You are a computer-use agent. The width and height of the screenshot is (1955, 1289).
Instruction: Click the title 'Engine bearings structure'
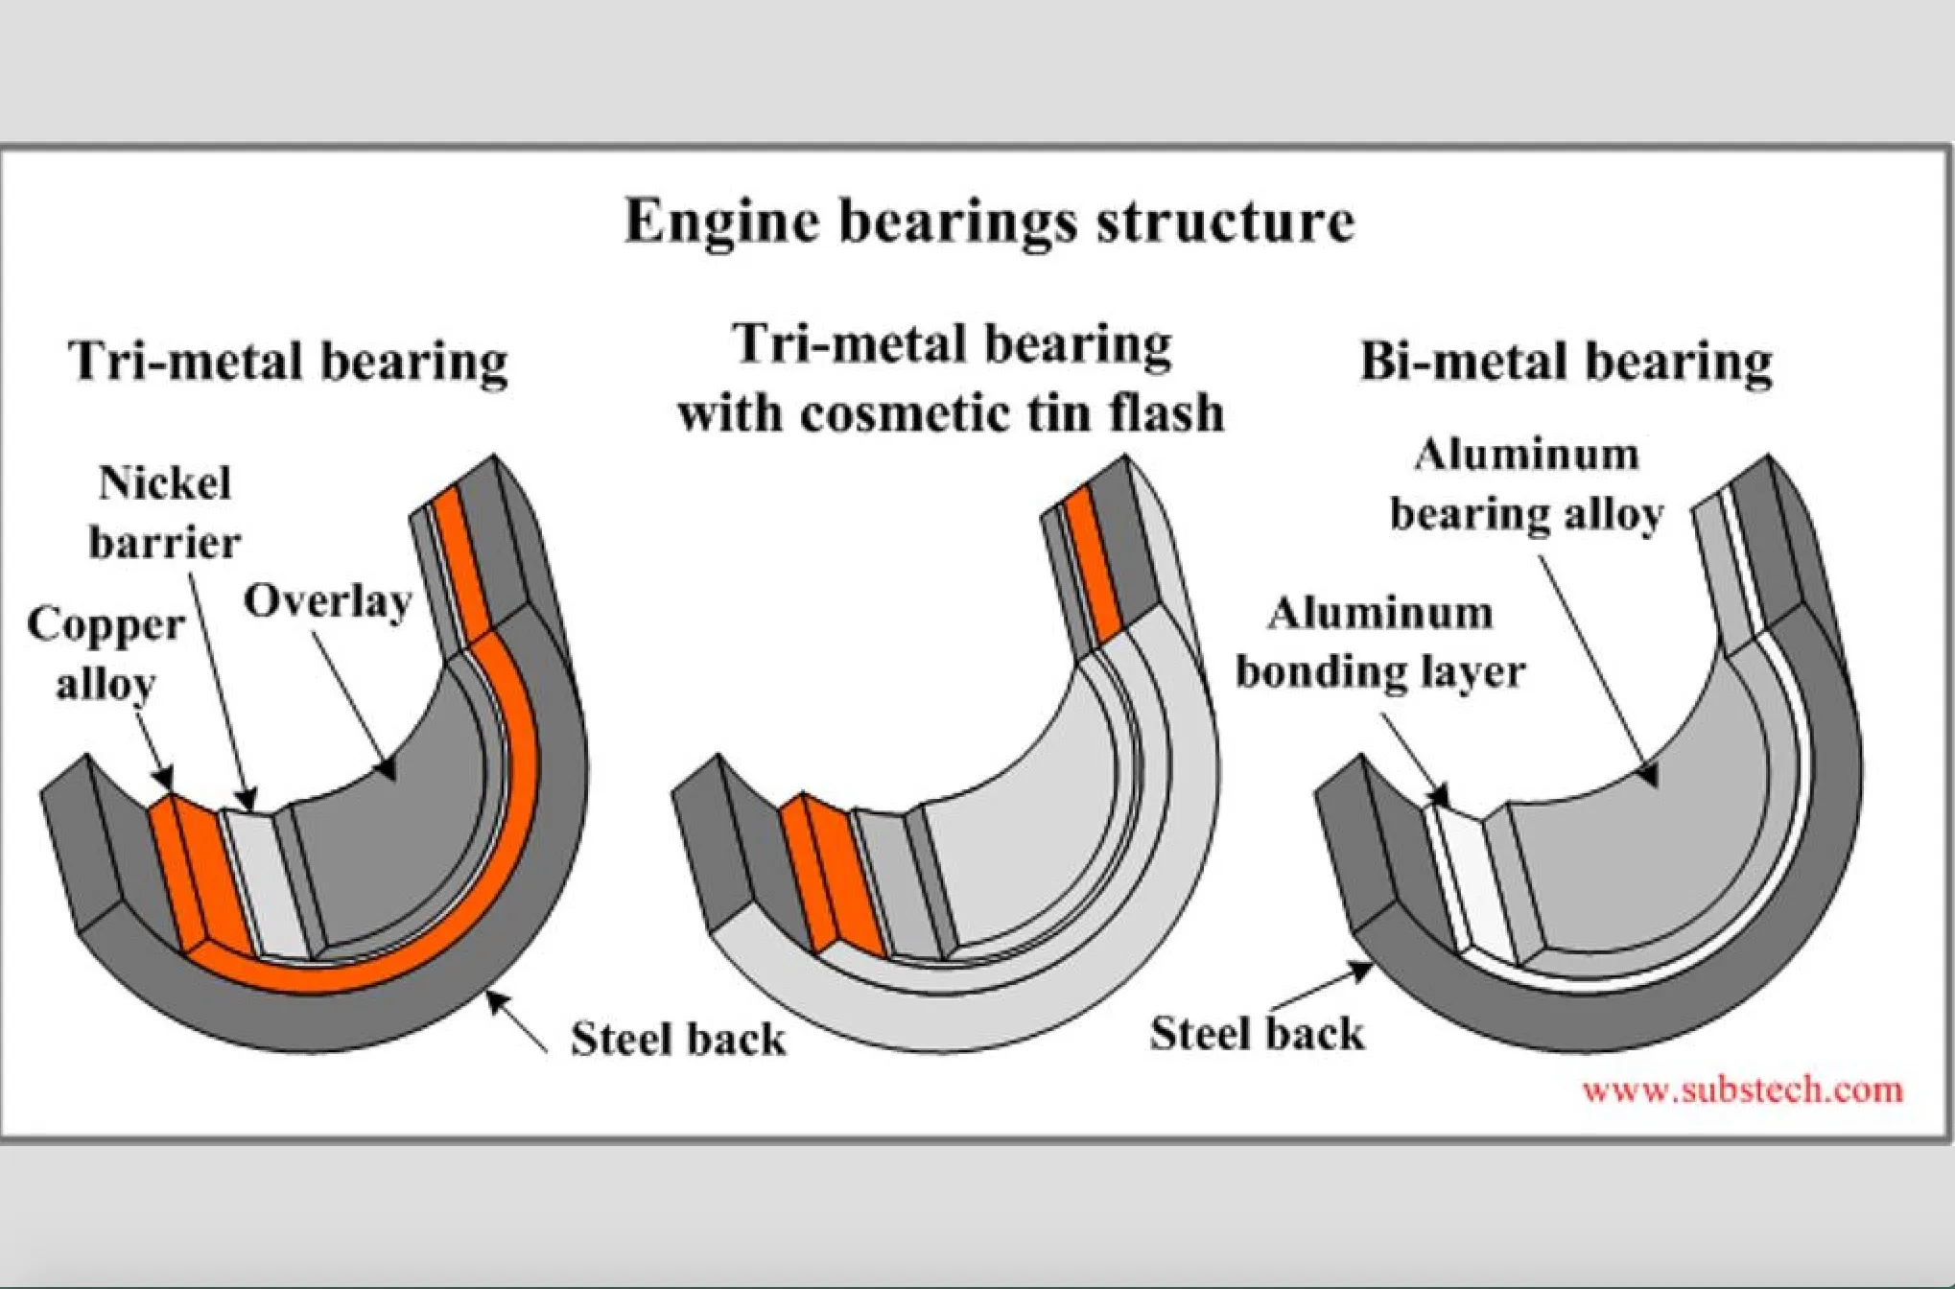989,222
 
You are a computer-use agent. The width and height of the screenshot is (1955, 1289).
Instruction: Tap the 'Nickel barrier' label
165,513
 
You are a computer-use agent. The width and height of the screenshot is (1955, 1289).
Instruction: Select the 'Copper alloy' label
106,654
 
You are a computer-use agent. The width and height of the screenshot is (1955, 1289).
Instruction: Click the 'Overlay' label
327,602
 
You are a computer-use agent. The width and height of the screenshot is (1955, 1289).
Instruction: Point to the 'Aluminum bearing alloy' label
1526,485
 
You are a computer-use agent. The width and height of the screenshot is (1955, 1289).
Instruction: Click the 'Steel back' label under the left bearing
677,1039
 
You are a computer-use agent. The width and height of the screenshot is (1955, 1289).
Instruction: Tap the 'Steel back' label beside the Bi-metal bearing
1257,1034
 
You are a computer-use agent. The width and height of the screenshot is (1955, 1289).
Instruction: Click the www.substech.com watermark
1742,1090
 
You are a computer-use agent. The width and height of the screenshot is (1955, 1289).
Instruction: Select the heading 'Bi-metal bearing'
1566,363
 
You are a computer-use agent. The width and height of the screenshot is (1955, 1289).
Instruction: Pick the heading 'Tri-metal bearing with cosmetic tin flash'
951,379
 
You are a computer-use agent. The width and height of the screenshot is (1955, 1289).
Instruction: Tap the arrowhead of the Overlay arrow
388,771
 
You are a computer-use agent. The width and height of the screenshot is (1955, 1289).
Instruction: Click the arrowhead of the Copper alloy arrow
165,779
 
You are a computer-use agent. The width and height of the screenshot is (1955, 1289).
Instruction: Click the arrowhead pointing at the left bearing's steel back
495,999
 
